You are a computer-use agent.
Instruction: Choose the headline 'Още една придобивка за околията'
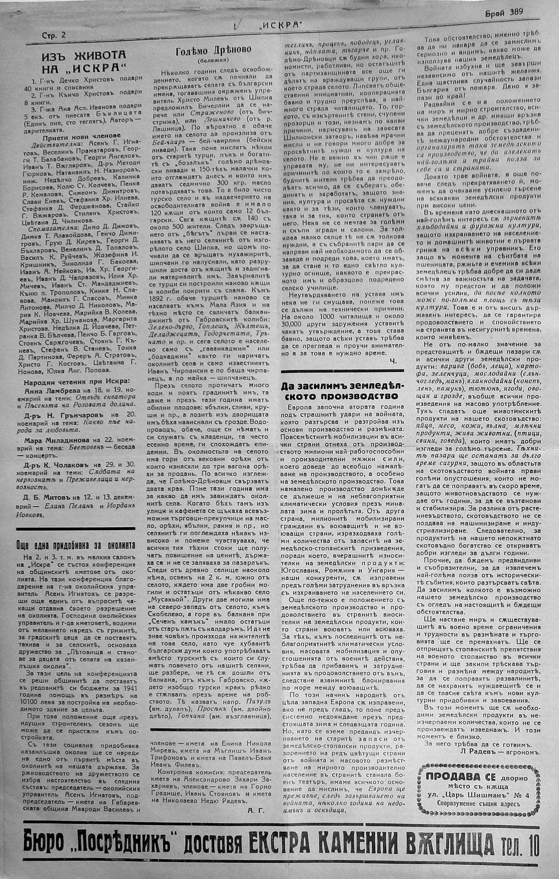click(x=76, y=545)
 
